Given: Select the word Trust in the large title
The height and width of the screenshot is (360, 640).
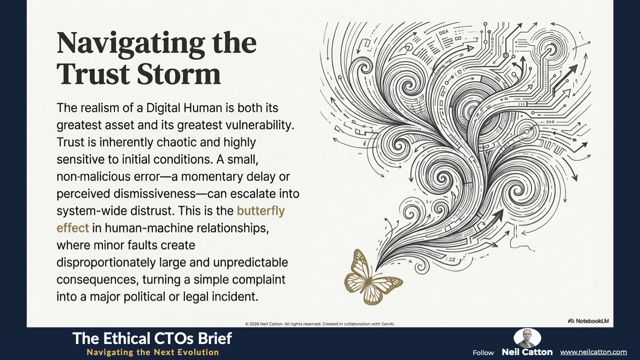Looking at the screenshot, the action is coord(93,74).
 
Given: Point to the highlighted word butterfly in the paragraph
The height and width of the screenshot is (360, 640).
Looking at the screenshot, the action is coord(261,211).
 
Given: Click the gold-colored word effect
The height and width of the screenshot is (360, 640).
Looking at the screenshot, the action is coord(72,228).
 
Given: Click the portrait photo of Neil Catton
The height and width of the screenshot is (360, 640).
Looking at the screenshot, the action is coord(527,338).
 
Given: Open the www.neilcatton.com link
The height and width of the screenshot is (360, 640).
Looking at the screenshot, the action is coord(593,352).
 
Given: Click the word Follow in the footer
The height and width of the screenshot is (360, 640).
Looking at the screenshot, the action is coord(483,353).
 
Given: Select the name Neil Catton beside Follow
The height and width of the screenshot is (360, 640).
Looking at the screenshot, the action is coord(527,352).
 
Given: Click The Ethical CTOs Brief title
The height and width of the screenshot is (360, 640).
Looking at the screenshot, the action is coord(152,338).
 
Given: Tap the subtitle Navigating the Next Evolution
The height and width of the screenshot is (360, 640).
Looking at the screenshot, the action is coord(153,352).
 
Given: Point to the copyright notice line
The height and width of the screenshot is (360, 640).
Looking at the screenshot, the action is coord(320,324).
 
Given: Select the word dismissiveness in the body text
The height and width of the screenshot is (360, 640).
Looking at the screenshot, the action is coord(155,194).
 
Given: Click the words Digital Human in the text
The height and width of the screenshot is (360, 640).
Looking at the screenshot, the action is coord(184,108).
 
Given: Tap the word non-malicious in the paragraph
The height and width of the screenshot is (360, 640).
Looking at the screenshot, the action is coord(93,177).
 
